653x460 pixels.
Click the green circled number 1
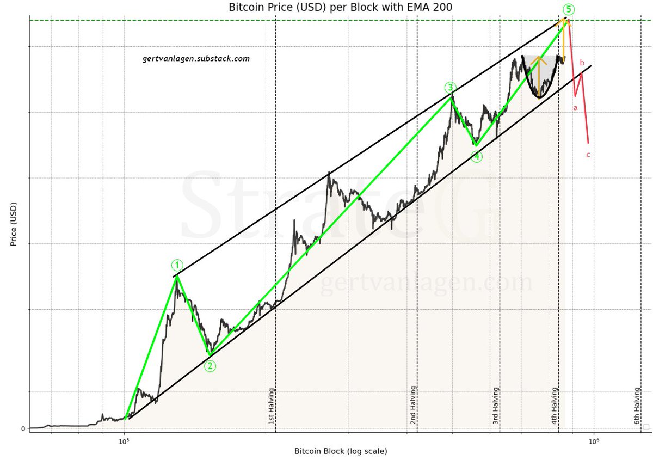(177, 265)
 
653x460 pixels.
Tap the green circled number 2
(210, 366)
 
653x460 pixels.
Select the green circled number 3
(450, 87)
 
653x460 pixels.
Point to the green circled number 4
(477, 157)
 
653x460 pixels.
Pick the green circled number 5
(567, 9)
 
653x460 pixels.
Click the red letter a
(575, 108)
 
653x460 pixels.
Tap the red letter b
(582, 63)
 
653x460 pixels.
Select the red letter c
(588, 155)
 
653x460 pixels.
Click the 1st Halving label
(271, 406)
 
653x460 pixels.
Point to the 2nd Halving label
(413, 406)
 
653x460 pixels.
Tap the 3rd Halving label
(495, 406)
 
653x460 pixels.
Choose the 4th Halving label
(554, 406)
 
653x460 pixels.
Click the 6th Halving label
(637, 406)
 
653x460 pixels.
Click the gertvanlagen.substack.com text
(196, 58)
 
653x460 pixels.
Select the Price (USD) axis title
(14, 224)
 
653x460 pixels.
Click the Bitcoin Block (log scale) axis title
(341, 451)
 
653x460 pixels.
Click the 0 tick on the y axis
(23, 428)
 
